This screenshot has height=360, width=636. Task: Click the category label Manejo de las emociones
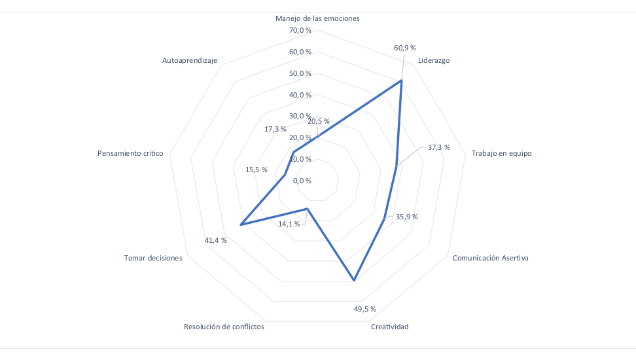[317, 18]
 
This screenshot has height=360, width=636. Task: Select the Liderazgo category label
[434, 60]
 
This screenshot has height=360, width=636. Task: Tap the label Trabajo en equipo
[501, 154]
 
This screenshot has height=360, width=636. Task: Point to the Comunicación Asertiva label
[490, 257]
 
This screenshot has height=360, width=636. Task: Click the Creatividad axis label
[389, 327]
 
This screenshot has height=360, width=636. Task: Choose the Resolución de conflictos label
[224, 327]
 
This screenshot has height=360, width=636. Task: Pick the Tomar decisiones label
[153, 258]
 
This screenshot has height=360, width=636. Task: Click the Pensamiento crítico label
[130, 154]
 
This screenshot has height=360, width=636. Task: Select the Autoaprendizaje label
[190, 60]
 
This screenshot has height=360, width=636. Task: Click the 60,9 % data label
[405, 48]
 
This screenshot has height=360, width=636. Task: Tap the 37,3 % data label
[439, 147]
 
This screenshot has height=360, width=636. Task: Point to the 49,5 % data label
[365, 308]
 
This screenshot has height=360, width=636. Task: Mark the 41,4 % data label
[216, 240]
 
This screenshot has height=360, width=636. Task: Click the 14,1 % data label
[289, 224]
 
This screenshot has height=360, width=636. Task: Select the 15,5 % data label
[256, 170]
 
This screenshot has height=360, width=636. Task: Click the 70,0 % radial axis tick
[300, 31]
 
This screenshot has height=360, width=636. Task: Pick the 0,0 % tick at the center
[302, 181]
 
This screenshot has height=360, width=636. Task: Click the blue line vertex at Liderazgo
[401, 81]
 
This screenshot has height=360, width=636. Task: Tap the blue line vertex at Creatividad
[354, 281]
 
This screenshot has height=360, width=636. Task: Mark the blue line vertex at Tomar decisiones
[241, 225]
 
